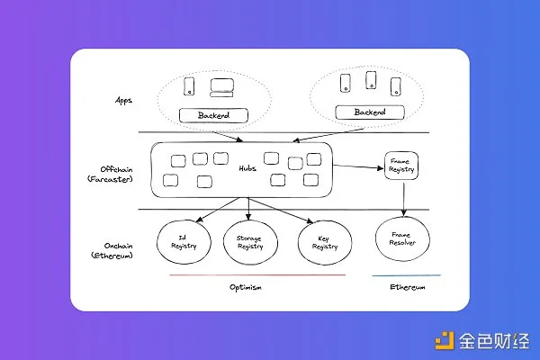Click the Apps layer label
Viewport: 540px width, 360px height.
point(124,101)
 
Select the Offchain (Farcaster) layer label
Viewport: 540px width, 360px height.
point(120,175)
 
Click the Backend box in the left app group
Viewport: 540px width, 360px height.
point(212,115)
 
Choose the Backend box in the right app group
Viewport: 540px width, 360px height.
point(369,112)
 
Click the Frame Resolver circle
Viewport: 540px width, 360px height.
point(399,241)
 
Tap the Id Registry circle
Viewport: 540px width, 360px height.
point(183,241)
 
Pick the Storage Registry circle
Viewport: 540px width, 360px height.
point(248,241)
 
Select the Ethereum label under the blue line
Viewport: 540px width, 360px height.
point(407,287)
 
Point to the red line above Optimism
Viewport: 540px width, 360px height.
point(256,274)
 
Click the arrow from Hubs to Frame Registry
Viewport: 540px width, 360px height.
point(358,166)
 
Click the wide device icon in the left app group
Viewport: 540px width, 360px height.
point(220,87)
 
